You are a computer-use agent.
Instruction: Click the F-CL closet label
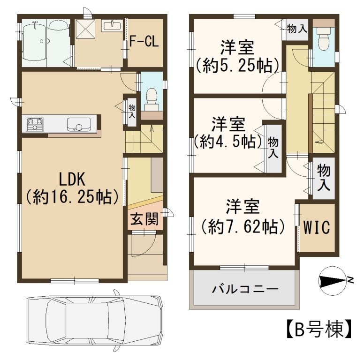coord(144,42)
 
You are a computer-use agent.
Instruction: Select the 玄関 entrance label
coord(144,219)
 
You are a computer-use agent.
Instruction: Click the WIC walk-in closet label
coord(317,227)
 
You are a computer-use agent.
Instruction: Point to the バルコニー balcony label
coord(245,289)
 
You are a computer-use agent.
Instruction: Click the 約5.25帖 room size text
coord(237,66)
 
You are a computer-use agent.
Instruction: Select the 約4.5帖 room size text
coord(227,142)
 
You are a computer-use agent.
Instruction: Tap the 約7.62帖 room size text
coord(243,226)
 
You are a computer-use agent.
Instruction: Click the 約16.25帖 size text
coord(72,197)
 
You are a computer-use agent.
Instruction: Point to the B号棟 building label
coord(318,330)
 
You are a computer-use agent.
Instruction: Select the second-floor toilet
coord(324,39)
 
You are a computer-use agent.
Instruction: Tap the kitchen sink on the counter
coord(79,125)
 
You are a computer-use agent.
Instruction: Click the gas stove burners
coord(35,124)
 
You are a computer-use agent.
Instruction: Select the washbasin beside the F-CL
coord(112,25)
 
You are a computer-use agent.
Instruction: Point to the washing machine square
coord(86,29)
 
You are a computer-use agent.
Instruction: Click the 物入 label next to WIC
coord(324,177)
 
